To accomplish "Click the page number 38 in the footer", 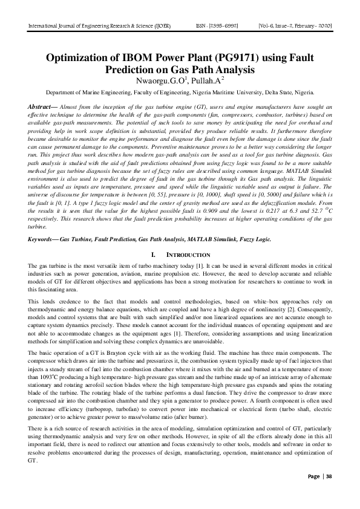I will tap(329, 493).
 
